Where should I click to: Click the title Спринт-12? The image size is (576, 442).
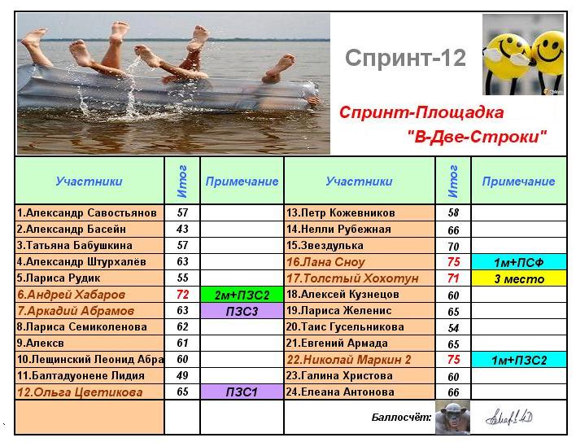405,58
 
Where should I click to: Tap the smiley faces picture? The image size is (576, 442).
523,55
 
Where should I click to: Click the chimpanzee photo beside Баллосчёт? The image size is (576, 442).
452,417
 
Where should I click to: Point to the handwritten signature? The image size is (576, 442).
508,418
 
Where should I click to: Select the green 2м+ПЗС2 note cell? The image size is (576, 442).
242,295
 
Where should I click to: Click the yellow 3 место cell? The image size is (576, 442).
519,278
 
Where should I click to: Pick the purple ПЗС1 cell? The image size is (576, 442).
242,392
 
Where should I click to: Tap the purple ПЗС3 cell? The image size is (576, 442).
242,311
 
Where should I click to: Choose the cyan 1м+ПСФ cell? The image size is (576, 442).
519,262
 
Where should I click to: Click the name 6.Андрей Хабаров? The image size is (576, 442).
72,295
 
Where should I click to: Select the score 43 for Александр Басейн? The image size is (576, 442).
182,229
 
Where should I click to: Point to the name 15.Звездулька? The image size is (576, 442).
325,246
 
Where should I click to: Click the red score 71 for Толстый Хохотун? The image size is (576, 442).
453,278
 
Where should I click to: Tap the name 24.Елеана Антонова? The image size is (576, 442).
340,392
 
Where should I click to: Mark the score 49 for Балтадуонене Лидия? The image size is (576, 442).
182,375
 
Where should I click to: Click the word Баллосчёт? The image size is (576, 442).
402,417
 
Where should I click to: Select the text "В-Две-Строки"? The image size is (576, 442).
478,137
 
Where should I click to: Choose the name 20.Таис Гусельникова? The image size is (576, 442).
345,326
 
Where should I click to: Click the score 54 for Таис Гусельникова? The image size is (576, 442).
453,328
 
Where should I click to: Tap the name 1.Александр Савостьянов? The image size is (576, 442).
87,212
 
